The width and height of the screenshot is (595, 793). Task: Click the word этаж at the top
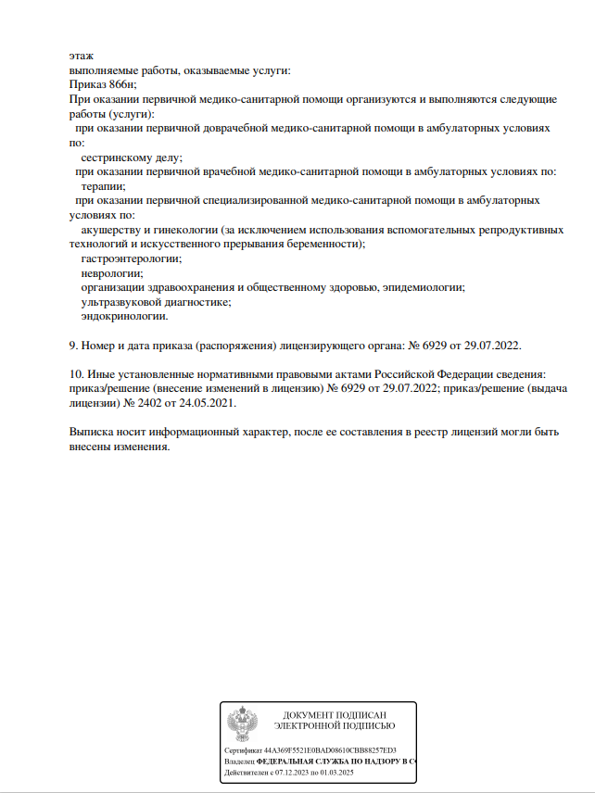pyautogui.click(x=82, y=57)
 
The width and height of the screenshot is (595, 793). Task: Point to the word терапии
pyautogui.click(x=104, y=186)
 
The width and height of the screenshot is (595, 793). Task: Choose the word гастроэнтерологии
pyautogui.click(x=131, y=258)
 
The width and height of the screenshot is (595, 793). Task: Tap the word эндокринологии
pyautogui.click(x=124, y=316)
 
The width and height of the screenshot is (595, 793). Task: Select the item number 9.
pyautogui.click(x=73, y=346)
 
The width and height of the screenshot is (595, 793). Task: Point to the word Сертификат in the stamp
pyautogui.click(x=244, y=749)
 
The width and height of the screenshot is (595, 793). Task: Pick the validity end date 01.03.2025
pyautogui.click(x=338, y=772)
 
